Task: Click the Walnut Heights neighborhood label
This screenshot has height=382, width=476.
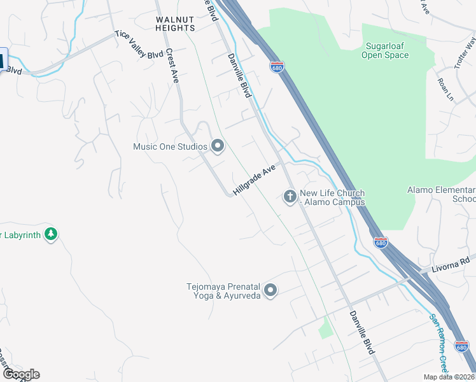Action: (x=176, y=24)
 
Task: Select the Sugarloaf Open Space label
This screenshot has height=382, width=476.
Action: (x=385, y=50)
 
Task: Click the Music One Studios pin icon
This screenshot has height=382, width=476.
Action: (x=218, y=146)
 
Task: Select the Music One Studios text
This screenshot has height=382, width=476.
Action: (x=170, y=147)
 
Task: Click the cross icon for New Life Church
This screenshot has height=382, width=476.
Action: (x=290, y=197)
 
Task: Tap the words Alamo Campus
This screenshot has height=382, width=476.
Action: (x=335, y=202)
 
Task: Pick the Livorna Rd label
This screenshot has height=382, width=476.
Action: (x=455, y=260)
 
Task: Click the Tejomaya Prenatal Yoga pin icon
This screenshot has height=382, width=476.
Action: (x=270, y=291)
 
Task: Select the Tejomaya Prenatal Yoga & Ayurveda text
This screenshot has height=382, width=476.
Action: (x=223, y=291)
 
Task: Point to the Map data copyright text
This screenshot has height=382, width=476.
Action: (x=449, y=377)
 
